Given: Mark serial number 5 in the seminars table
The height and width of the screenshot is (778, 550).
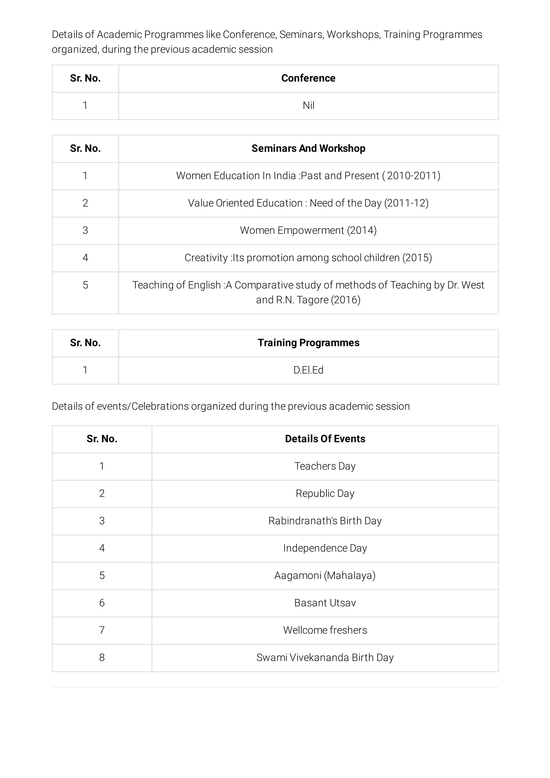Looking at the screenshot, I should (x=85, y=285).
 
